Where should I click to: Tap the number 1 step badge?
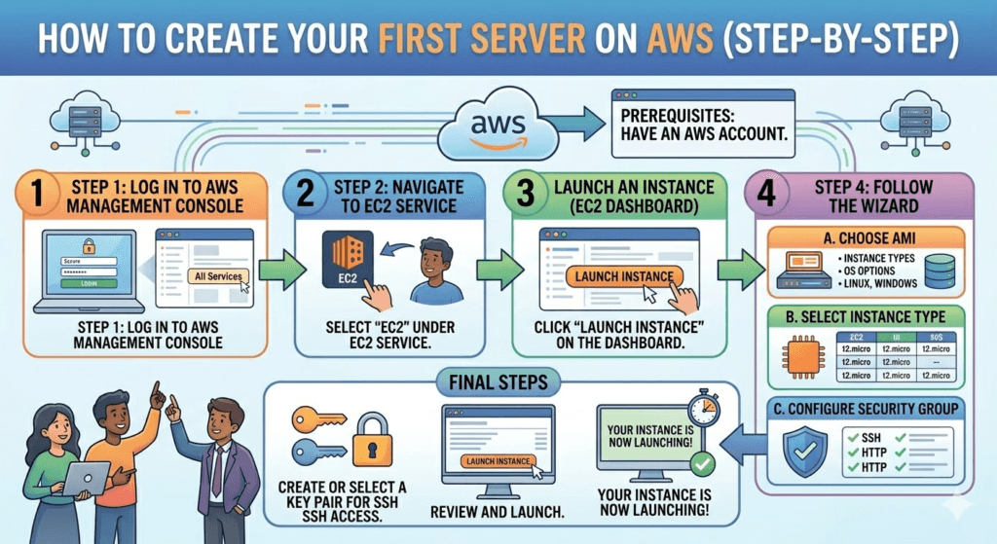[35, 195]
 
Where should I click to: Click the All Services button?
[215, 276]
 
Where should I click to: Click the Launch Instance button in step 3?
[624, 276]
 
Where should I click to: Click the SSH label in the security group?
[869, 438]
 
